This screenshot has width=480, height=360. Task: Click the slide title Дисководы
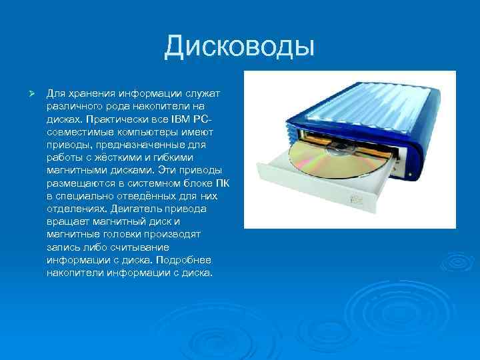240,47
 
